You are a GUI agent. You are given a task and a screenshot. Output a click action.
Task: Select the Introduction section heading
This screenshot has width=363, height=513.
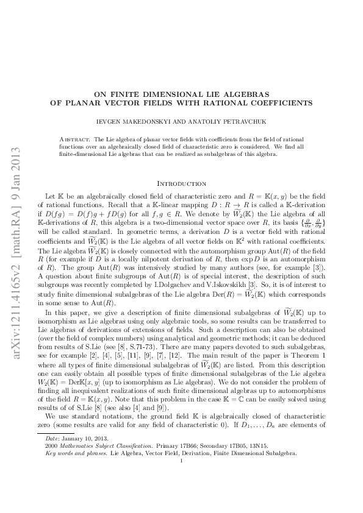[182, 183]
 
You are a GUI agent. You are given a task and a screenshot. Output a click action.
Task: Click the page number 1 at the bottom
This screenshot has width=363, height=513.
[182, 478]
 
